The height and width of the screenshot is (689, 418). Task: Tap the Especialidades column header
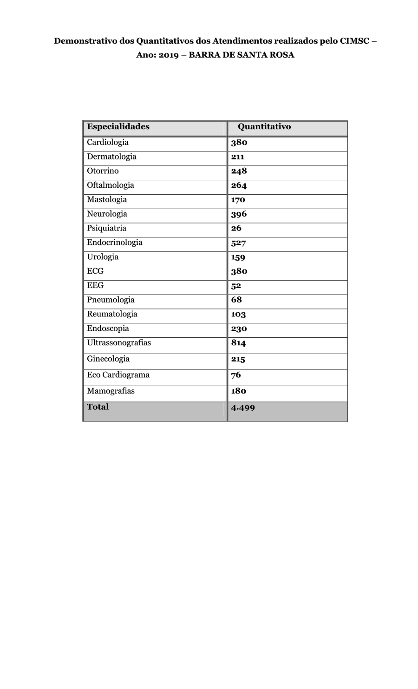(x=118, y=126)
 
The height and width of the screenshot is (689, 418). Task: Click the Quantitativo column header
(x=264, y=126)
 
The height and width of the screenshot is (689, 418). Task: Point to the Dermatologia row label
(x=111, y=157)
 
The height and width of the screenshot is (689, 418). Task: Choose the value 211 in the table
(x=237, y=157)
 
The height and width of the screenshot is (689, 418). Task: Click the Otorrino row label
(x=103, y=171)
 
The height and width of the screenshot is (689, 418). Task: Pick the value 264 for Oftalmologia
(x=239, y=185)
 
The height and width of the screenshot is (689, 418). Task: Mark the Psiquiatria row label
(x=106, y=228)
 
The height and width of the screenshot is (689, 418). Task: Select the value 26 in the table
(x=236, y=228)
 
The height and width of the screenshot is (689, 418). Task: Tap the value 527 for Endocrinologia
(x=239, y=243)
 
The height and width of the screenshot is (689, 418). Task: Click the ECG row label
(x=95, y=271)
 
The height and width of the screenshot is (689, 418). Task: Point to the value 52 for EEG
(x=236, y=286)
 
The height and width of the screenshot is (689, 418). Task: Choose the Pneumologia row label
(x=111, y=300)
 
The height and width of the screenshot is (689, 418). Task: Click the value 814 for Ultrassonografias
(x=239, y=343)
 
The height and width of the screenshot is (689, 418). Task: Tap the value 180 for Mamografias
(x=239, y=391)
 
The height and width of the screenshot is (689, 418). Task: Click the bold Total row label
(x=98, y=407)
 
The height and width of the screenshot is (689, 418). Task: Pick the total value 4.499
(x=243, y=408)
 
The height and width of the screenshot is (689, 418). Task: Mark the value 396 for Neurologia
(x=239, y=214)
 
